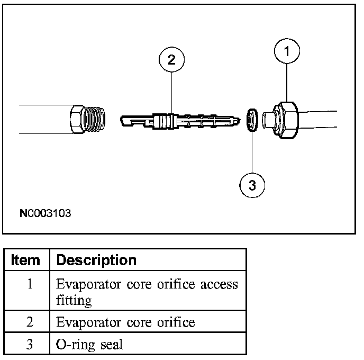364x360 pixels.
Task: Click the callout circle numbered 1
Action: [x=287, y=52]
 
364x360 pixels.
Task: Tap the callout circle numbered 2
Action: [x=171, y=60]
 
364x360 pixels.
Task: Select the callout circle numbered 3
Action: [x=252, y=185]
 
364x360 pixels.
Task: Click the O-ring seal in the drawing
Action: [x=252, y=120]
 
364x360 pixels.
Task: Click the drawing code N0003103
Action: [x=45, y=214]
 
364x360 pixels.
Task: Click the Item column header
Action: [x=26, y=260]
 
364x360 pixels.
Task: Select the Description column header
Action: [x=96, y=260]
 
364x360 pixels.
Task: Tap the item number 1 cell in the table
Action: [x=30, y=284]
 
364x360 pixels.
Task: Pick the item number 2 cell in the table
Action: [x=30, y=322]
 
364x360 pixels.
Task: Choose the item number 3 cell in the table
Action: [x=30, y=345]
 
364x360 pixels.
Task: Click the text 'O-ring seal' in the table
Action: [x=89, y=345]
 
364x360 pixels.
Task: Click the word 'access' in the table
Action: [x=220, y=284]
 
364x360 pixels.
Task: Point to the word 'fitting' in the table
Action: [x=74, y=300]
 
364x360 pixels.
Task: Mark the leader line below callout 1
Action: [x=287, y=82]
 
